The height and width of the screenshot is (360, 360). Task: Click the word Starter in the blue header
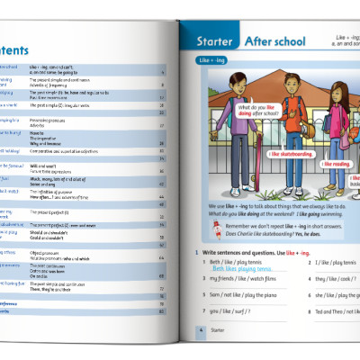pos(216,41)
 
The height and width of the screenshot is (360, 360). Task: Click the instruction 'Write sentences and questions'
pos(238,253)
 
